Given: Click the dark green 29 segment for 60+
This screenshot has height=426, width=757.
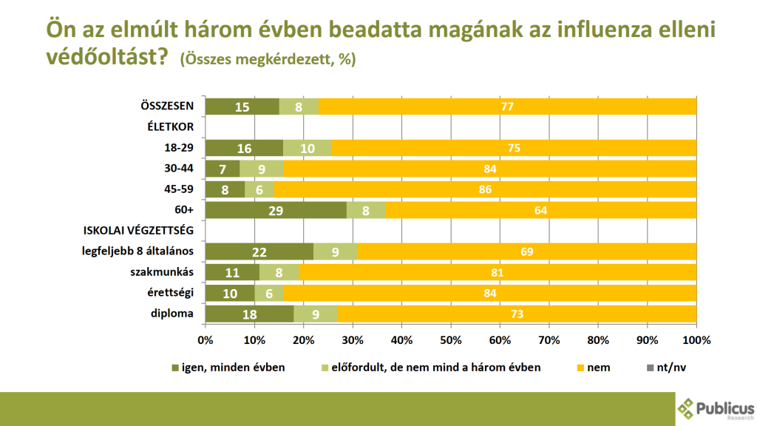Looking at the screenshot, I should [276, 211].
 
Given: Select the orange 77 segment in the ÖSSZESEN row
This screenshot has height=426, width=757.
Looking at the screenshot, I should [508, 106].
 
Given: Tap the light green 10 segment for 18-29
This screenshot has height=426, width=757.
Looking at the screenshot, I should [308, 148].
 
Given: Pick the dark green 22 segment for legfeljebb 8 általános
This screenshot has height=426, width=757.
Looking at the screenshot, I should [259, 252].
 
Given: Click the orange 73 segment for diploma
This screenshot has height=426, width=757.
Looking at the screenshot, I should [517, 314].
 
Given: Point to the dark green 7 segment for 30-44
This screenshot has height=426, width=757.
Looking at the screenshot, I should [223, 169].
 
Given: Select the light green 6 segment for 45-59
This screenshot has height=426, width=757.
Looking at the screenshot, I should [259, 189].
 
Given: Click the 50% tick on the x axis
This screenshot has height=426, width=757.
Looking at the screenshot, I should [451, 341].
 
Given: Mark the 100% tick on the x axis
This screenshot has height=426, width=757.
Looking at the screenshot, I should [696, 341].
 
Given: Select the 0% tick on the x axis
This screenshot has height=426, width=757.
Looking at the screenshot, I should [206, 341].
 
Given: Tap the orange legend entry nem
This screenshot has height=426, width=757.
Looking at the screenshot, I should [598, 368].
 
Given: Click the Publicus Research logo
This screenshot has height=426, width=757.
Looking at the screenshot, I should [715, 409].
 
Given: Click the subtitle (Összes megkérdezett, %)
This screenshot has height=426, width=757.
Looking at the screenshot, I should [268, 60].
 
